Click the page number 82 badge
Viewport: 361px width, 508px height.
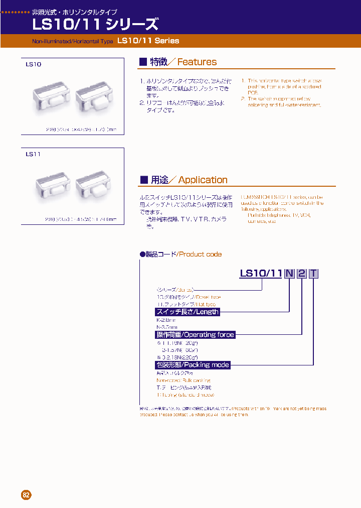point(27,494)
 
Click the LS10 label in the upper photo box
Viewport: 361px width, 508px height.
point(34,65)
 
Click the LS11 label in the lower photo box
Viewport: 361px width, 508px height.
point(33,154)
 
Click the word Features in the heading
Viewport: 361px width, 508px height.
point(197,62)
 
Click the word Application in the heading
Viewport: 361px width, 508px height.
point(203,180)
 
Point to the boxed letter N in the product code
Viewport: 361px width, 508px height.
point(289,274)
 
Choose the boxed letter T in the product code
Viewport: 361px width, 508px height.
point(313,274)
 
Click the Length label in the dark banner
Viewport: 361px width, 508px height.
point(188,312)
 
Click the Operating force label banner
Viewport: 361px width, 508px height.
point(195,334)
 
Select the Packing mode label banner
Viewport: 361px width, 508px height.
point(193,365)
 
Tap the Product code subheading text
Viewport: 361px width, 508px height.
point(200,255)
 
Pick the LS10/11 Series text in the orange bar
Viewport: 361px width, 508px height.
point(148,41)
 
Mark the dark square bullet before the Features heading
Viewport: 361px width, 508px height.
point(143,62)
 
